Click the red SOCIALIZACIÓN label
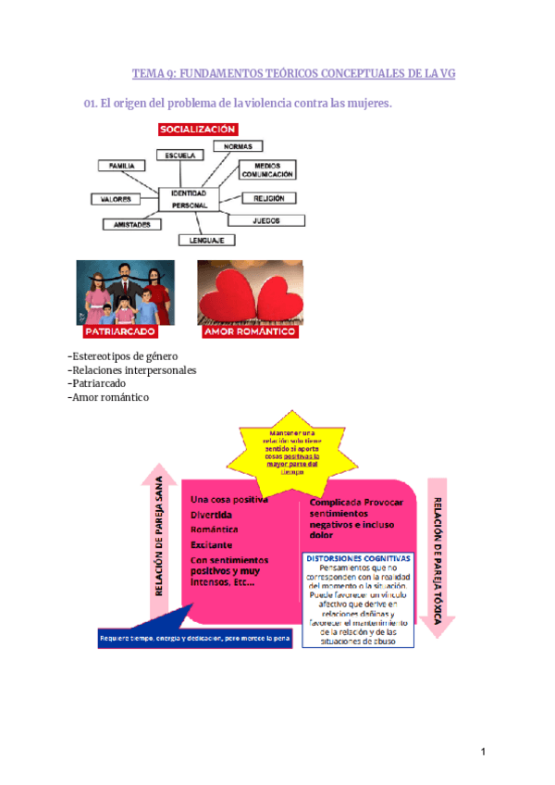click(x=198, y=130)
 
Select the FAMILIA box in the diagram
click(x=121, y=166)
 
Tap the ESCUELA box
click(x=179, y=155)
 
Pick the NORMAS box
click(x=238, y=145)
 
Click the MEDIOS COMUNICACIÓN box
click(x=267, y=169)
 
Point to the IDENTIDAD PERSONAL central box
click(x=190, y=198)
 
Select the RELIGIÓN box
click(x=269, y=198)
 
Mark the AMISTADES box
click(x=132, y=224)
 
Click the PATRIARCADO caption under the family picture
click(x=119, y=330)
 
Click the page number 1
click(x=483, y=752)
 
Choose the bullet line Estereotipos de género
click(x=124, y=356)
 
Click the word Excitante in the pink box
click(x=212, y=544)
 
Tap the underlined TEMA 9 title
click(x=294, y=74)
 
